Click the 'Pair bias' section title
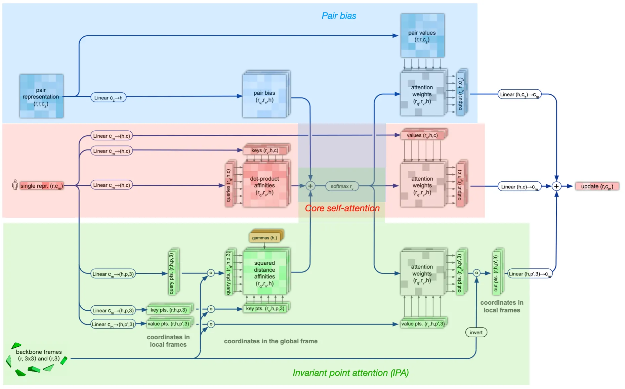click(339, 16)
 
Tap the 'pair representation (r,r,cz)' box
click(41, 96)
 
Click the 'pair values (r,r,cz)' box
click(422, 36)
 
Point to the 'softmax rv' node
click(342, 186)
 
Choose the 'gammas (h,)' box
click(265, 237)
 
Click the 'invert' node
click(476, 333)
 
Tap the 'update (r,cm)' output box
click(597, 186)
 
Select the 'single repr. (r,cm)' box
click(41, 186)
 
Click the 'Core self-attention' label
click(342, 208)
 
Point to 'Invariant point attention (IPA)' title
click(350, 373)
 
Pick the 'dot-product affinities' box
click(264, 185)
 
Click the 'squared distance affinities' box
click(264, 273)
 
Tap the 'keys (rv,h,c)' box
click(265, 150)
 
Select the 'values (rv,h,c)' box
click(422, 135)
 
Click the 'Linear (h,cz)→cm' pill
click(519, 94)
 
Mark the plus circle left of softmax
click(310, 186)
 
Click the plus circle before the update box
click(556, 186)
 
